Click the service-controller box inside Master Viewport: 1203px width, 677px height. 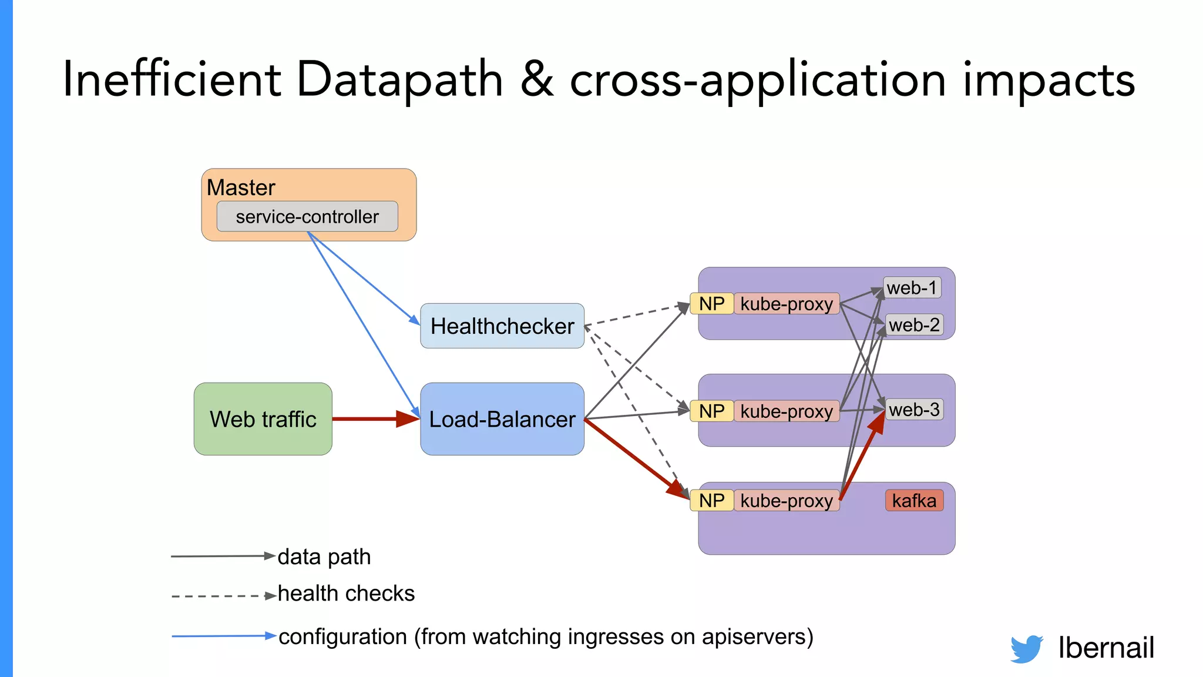tap(307, 217)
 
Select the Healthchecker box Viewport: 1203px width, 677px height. tap(502, 326)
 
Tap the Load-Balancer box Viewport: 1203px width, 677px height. tap(502, 419)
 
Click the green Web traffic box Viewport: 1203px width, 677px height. tap(263, 419)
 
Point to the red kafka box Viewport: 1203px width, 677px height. tap(914, 501)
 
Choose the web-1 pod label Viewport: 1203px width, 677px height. tap(912, 288)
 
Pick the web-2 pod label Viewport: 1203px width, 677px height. tap(914, 324)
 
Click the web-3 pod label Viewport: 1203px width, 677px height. tap(914, 410)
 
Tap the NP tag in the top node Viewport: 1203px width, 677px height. tap(711, 304)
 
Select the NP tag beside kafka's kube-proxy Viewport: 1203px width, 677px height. tap(711, 501)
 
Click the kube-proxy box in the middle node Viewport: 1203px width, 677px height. tap(787, 411)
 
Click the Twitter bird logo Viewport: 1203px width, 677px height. tap(1027, 649)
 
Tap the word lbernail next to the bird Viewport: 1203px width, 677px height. tap(1106, 648)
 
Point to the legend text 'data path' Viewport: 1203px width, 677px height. tap(324, 557)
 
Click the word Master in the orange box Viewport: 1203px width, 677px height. tap(241, 187)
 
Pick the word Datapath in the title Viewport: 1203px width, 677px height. tap(399, 79)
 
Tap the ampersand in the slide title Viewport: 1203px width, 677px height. tap(536, 79)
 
